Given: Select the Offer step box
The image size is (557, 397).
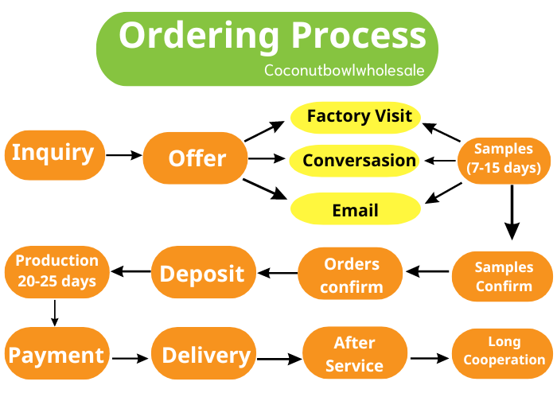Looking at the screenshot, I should (x=196, y=158).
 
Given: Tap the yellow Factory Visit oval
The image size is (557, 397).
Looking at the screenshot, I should (x=359, y=117).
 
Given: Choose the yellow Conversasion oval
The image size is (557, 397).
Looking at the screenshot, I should (x=359, y=161).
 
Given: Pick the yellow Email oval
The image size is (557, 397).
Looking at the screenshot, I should (x=355, y=210).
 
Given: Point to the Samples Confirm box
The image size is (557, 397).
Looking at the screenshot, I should (x=503, y=276).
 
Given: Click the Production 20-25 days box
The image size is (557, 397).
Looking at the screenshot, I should (x=56, y=271).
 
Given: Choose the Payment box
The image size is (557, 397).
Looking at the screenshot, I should (x=55, y=356).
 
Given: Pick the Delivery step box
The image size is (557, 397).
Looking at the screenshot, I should (x=205, y=356).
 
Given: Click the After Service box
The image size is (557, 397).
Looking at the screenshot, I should (x=354, y=355).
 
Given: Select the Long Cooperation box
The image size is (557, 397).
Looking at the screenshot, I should (x=503, y=352).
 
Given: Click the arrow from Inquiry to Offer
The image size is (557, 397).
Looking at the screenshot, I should (x=123, y=155).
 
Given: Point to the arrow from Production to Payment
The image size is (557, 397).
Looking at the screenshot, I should (x=55, y=312).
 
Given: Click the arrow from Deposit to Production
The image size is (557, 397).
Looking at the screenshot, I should (x=130, y=272).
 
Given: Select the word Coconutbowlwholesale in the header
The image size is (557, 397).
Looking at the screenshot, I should (x=344, y=70).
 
